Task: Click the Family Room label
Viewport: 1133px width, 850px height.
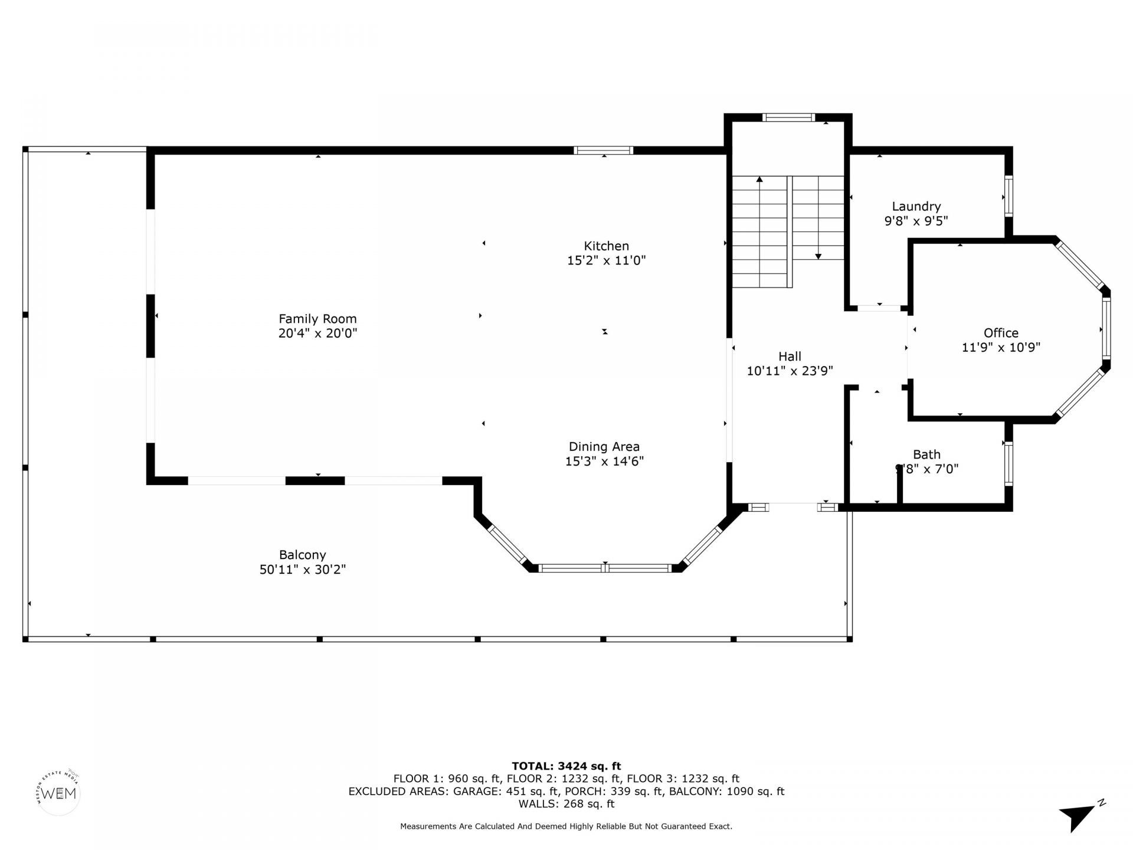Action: click(x=317, y=319)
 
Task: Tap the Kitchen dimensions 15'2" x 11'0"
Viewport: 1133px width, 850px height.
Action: click(x=606, y=260)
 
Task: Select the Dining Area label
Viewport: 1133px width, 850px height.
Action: click(x=604, y=447)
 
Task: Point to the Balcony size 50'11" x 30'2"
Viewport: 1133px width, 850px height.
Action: click(x=302, y=570)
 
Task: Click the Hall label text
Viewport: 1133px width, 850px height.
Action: click(x=790, y=357)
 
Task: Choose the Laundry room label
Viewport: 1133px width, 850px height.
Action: click(x=916, y=207)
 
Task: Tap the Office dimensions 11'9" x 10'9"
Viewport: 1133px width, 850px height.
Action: click(x=1001, y=348)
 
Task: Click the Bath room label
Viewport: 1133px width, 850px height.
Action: click(x=926, y=455)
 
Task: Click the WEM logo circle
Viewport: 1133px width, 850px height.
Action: click(x=58, y=793)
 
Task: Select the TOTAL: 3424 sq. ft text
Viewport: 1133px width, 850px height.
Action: click(x=566, y=766)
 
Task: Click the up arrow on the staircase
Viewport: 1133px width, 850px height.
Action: click(x=759, y=179)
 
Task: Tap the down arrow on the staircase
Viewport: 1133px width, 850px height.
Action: click(x=818, y=256)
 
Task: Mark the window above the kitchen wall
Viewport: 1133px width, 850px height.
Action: click(x=603, y=151)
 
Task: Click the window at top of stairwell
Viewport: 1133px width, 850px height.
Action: click(x=788, y=117)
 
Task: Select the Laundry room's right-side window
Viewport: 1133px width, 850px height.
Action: click(x=1008, y=197)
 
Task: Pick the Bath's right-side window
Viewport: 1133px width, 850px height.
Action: click(x=1008, y=464)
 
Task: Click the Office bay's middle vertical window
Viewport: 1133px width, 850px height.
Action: click(x=1106, y=329)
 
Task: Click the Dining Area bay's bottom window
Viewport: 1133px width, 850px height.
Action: click(x=605, y=568)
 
